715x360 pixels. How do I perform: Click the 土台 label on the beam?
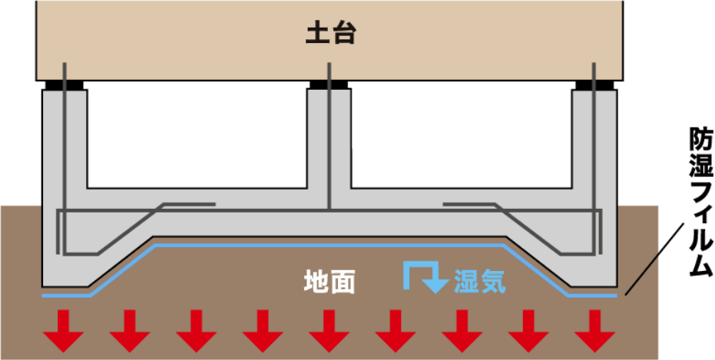tap(330, 34)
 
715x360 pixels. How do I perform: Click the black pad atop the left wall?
tap(65, 85)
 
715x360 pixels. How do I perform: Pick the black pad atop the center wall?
tap(329, 84)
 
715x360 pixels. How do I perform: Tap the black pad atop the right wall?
tap(594, 85)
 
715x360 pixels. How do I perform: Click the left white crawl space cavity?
tap(197, 134)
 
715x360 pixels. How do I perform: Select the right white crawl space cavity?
tap(462, 134)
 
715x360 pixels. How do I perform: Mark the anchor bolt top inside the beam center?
tap(329, 64)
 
